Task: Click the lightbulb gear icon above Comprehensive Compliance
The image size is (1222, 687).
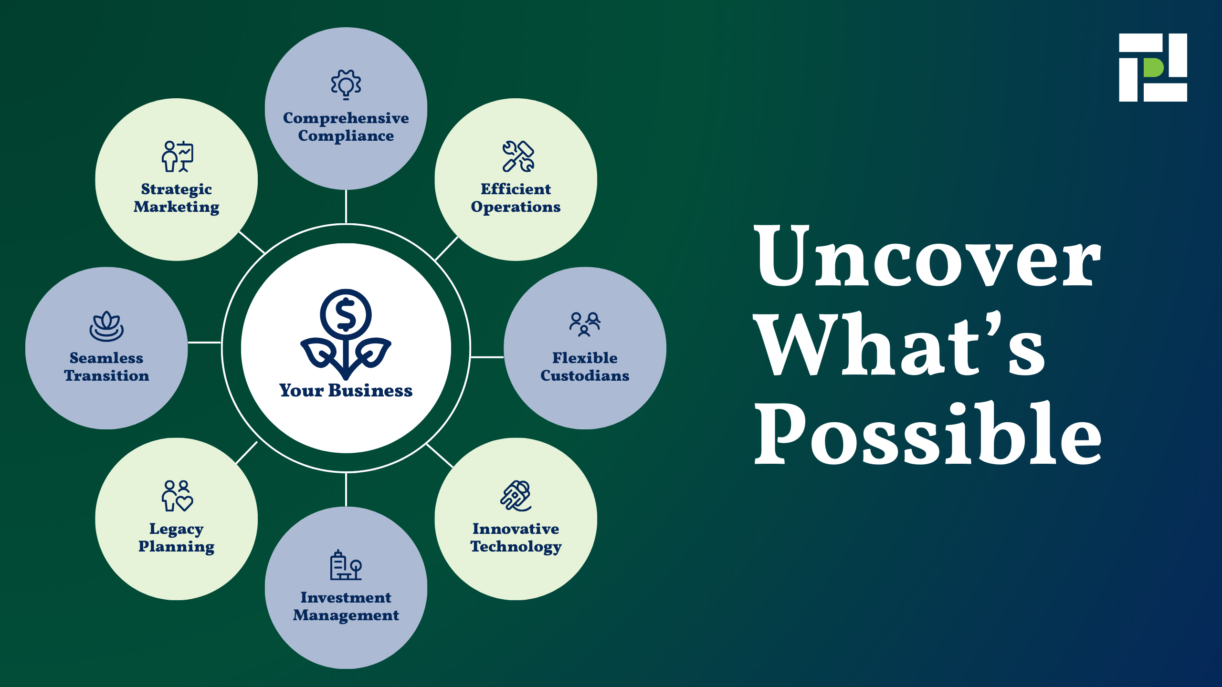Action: point(346,84)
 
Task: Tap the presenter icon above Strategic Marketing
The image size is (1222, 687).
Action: point(177,156)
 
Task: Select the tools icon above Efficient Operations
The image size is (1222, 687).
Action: point(518,156)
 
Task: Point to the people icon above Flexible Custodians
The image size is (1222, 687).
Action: point(585,324)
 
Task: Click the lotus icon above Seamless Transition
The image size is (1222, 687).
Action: point(106,326)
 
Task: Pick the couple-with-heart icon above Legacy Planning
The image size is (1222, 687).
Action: point(177,496)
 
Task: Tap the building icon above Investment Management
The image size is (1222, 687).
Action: point(346,565)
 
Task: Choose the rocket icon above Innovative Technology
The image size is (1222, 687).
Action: point(516,496)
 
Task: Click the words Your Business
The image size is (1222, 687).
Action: point(346,390)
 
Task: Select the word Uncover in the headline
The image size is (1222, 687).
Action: point(927,256)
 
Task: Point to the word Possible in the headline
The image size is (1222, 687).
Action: point(927,433)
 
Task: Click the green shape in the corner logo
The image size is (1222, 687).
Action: point(1153,67)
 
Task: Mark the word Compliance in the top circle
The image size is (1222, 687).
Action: point(346,136)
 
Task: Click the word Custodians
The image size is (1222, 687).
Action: point(585,375)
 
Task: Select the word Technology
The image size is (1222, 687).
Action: point(516,547)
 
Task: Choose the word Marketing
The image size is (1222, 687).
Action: point(177,207)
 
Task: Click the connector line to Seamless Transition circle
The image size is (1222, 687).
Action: point(204,342)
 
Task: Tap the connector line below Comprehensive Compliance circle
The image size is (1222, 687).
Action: point(346,206)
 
